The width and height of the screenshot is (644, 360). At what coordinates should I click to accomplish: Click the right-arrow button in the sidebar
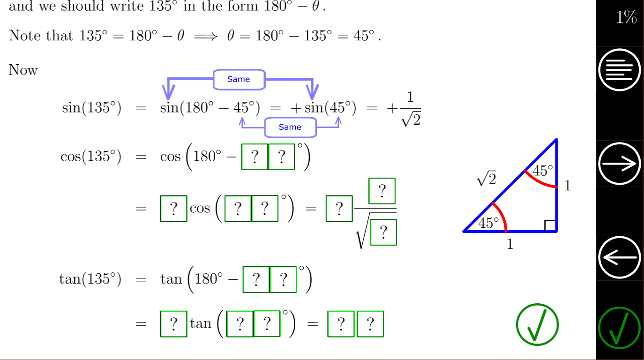[620, 164]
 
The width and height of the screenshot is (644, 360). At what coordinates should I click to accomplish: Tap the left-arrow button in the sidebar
[620, 257]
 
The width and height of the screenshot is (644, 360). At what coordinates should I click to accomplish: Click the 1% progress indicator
[626, 17]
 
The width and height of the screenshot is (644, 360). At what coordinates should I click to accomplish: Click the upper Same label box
[239, 80]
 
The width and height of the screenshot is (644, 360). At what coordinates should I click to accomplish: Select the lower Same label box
[291, 127]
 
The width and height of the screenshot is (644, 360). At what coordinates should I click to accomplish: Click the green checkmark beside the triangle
[537, 324]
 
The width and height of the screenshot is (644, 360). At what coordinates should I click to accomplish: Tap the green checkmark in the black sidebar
[620, 328]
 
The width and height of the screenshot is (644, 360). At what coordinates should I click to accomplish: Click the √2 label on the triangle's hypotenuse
[487, 179]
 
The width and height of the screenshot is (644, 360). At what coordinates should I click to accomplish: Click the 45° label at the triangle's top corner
[542, 170]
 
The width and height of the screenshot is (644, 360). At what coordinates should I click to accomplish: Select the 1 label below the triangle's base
[510, 244]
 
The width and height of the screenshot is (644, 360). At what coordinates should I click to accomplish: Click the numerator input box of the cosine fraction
[382, 191]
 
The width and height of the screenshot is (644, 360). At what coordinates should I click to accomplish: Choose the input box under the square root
[383, 232]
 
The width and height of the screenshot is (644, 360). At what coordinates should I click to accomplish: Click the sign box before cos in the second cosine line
[173, 209]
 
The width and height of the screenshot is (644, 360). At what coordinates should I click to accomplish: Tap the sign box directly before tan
[173, 324]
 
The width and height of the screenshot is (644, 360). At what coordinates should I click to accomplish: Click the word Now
[23, 70]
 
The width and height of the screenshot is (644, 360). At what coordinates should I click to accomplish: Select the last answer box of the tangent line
[370, 324]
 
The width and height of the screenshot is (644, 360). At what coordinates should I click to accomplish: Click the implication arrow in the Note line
[206, 37]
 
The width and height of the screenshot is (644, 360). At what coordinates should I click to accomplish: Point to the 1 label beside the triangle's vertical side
[567, 186]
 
